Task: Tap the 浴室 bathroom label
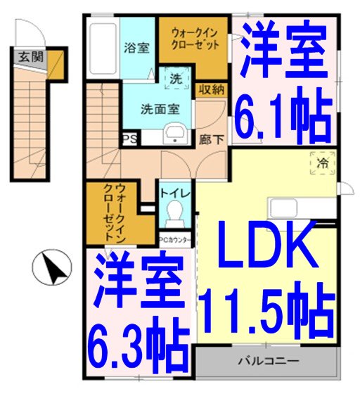[136, 49]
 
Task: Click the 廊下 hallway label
[212, 139]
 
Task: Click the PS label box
[130, 139]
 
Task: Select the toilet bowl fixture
[174, 213]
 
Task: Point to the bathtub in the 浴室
[103, 49]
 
